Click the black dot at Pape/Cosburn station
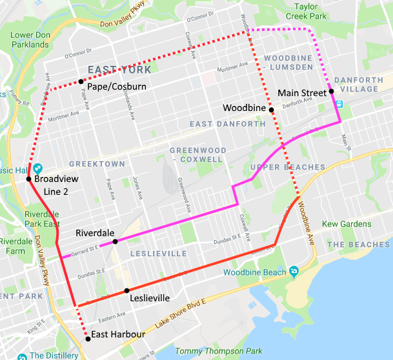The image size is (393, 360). click(81, 81)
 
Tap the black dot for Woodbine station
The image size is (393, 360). click(272, 110)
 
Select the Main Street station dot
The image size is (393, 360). click(331, 92)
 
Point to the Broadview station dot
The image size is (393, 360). click(29, 179)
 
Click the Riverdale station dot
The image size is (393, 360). click(115, 241)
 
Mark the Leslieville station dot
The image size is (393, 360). click(126, 291)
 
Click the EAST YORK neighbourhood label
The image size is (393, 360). click(119, 70)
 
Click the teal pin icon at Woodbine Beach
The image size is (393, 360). click(294, 270)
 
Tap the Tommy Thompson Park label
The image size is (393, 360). click(220, 351)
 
